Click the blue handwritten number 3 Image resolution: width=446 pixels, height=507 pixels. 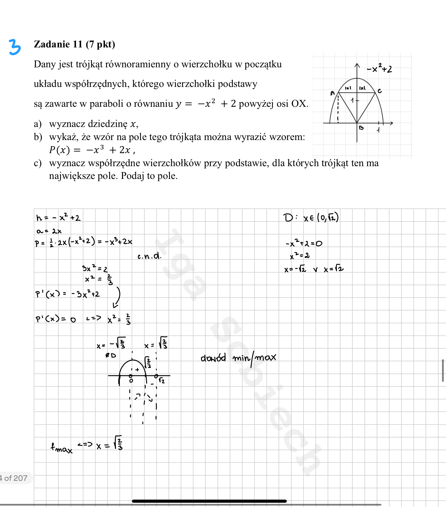click(x=14, y=47)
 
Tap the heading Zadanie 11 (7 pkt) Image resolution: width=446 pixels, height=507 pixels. click(x=74, y=44)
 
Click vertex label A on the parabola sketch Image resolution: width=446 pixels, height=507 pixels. click(x=333, y=93)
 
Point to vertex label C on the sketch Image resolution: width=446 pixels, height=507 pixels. click(x=380, y=91)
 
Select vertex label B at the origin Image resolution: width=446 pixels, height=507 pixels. click(x=361, y=128)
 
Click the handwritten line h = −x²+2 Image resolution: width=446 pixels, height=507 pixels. click(x=58, y=218)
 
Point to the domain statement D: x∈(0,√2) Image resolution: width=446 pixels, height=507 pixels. click(x=311, y=218)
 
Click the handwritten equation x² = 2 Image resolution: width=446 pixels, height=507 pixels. click(x=300, y=256)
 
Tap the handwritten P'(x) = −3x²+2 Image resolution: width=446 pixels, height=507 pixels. click(x=68, y=294)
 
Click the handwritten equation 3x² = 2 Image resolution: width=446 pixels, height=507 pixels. click(x=95, y=268)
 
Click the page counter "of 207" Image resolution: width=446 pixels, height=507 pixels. click(x=16, y=478)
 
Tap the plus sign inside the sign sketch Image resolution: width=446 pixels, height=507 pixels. click(x=137, y=370)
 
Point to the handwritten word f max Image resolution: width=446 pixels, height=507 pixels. click(x=61, y=448)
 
